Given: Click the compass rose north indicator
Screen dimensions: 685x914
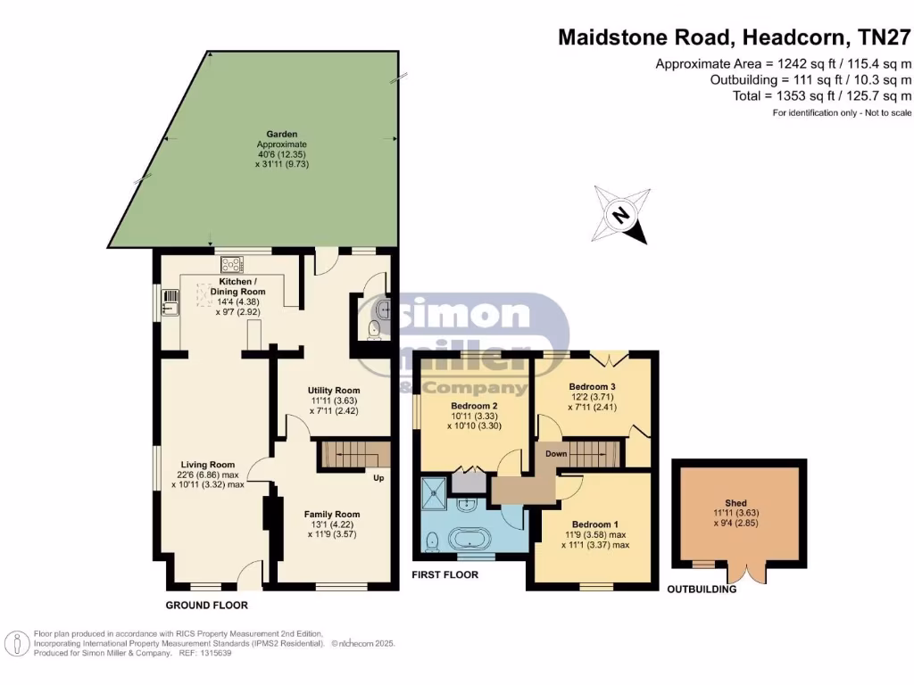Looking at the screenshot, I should (x=619, y=214).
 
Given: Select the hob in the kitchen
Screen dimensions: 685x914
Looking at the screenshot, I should (x=232, y=264).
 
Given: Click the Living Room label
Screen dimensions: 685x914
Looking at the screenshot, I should (x=207, y=464).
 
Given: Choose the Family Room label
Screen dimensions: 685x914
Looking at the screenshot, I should (x=331, y=514).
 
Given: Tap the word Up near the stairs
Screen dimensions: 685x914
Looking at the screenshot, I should (x=379, y=477).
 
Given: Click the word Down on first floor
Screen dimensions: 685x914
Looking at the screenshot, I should (x=556, y=453).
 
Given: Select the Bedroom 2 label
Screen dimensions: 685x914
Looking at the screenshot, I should (x=473, y=405).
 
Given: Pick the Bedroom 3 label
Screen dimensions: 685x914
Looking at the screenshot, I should (x=593, y=386).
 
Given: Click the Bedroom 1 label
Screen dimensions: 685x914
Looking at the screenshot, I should (x=594, y=524).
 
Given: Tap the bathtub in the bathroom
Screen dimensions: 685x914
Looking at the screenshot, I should (x=469, y=540).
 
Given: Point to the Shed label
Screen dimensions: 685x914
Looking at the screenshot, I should (x=735, y=503).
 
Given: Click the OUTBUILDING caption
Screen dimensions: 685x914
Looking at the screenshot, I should (x=702, y=590).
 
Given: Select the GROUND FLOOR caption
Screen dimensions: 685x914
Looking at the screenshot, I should (x=206, y=606).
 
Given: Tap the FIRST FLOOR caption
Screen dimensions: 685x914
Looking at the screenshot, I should (x=445, y=575).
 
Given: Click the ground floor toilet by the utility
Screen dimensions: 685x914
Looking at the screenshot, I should (x=374, y=333).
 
